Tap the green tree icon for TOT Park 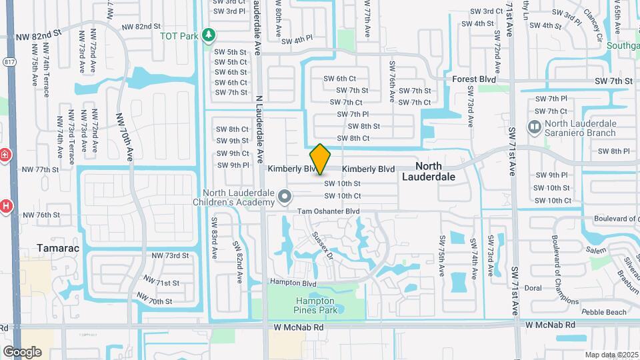click(x=209, y=34)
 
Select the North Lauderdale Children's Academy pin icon click(x=285, y=197)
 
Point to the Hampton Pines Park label click(x=315, y=305)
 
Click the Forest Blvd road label click(x=474, y=79)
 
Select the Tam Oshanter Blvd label click(x=329, y=211)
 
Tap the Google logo click(x=22, y=351)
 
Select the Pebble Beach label click(x=604, y=312)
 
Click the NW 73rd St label click(x=170, y=255)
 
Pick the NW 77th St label click(x=41, y=170)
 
